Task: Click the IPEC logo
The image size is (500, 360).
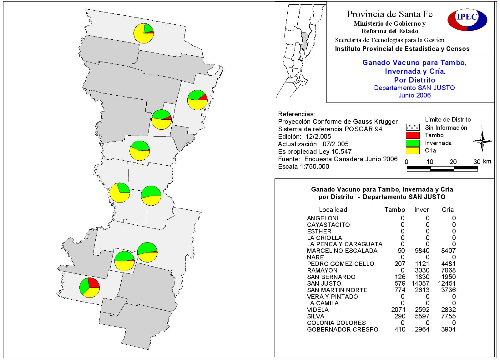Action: (x=467, y=19)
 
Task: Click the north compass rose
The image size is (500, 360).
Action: (x=482, y=141)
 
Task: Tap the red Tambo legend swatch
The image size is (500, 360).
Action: (x=412, y=135)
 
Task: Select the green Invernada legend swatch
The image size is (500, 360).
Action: (x=412, y=143)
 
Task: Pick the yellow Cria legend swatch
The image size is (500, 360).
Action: (x=412, y=150)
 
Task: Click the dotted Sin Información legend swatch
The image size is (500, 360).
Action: (x=412, y=127)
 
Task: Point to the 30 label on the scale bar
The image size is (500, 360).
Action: (x=477, y=162)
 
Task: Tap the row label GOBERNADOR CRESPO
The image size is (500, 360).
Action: (x=342, y=329)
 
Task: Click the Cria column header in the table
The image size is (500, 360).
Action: (x=447, y=210)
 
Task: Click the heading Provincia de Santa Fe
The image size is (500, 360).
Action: (x=389, y=14)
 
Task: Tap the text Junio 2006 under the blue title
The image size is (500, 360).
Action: (x=414, y=95)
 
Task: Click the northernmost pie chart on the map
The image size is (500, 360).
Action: (x=144, y=33)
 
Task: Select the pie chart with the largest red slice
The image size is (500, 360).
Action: (x=89, y=287)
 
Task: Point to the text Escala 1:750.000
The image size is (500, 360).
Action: (x=303, y=167)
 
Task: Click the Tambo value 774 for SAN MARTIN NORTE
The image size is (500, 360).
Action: (x=400, y=290)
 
